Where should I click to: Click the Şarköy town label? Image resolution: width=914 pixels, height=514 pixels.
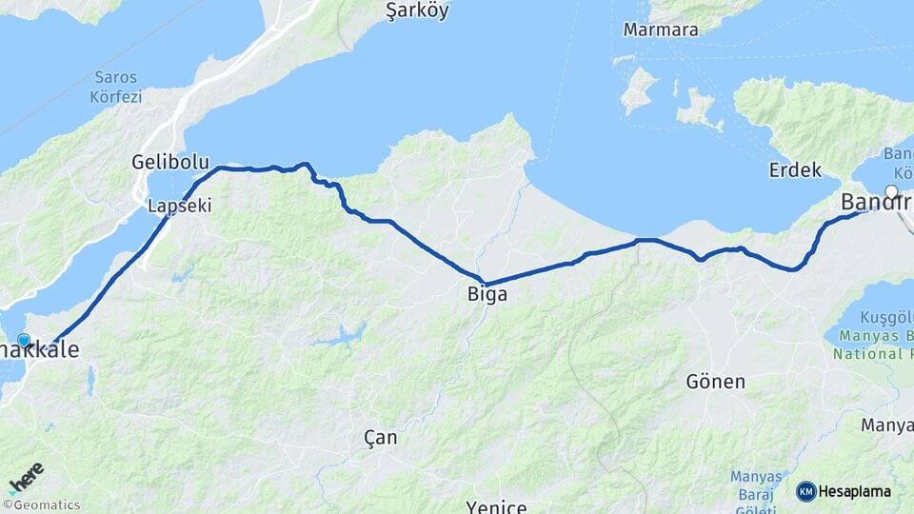pyautogui.click(x=417, y=11)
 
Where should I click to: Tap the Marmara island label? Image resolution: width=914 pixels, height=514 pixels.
pyautogui.click(x=661, y=30)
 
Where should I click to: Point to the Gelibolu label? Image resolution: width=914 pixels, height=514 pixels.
pyautogui.click(x=170, y=163)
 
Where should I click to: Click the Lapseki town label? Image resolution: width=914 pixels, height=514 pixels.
pyautogui.click(x=179, y=205)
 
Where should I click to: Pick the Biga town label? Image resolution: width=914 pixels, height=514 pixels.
pyautogui.click(x=487, y=295)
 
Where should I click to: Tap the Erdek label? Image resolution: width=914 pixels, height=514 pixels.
pyautogui.click(x=795, y=170)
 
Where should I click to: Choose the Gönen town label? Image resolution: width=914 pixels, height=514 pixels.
pyautogui.click(x=715, y=382)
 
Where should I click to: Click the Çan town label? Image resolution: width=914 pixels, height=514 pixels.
pyautogui.click(x=381, y=438)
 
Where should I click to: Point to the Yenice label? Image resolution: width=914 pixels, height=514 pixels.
pyautogui.click(x=496, y=505)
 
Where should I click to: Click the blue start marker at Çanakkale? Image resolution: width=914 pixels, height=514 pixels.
pyautogui.click(x=24, y=340)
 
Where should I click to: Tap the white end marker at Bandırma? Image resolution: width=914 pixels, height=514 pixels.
pyautogui.click(x=891, y=191)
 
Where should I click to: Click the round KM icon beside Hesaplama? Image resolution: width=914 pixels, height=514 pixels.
pyautogui.click(x=806, y=491)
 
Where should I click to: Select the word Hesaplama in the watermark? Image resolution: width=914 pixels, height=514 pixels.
pyautogui.click(x=855, y=492)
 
